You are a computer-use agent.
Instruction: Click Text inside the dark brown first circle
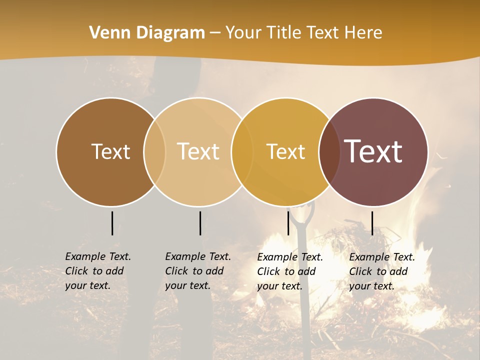pyautogui.click(x=110, y=151)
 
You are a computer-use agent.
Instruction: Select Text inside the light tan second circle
pyautogui.click(x=198, y=151)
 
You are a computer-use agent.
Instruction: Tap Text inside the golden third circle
pyautogui.click(x=285, y=151)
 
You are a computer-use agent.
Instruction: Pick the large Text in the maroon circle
pyautogui.click(x=373, y=151)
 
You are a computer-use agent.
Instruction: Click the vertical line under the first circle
pyautogui.click(x=112, y=223)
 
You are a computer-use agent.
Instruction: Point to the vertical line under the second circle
pyautogui.click(x=200, y=223)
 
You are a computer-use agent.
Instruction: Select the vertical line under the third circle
pyautogui.click(x=288, y=223)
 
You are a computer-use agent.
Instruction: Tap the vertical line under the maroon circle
pyautogui.click(x=372, y=223)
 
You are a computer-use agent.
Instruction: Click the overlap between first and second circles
pyautogui.click(x=154, y=151)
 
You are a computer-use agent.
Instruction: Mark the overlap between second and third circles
pyautogui.click(x=242, y=151)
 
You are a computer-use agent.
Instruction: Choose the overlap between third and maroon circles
pyautogui.click(x=329, y=151)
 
